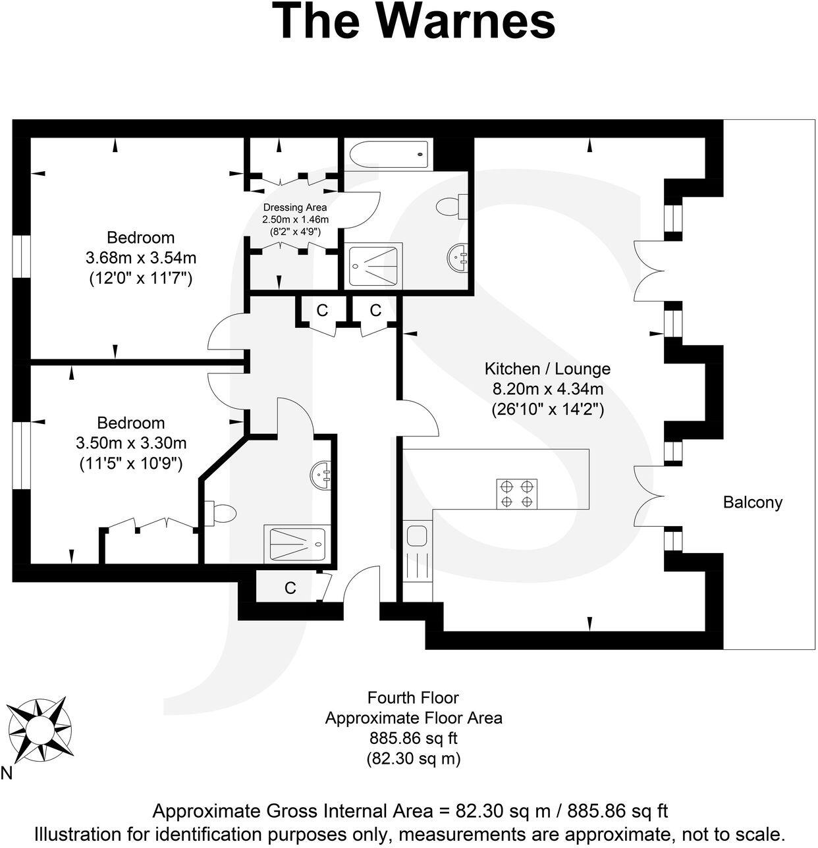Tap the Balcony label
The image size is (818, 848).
[x=753, y=502]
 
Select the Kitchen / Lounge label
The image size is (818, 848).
[x=547, y=369]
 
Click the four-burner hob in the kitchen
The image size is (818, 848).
[x=516, y=494]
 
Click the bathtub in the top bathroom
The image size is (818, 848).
[x=389, y=155]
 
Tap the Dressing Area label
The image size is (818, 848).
[x=294, y=207]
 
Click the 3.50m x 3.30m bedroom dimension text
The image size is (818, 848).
[x=131, y=443]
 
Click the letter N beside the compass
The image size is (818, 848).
[x=6, y=773]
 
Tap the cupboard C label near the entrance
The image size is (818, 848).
[x=290, y=588]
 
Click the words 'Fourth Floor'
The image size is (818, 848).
[x=413, y=697]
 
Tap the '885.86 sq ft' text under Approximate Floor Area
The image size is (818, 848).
[x=413, y=738]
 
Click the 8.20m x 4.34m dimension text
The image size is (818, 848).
[x=547, y=389]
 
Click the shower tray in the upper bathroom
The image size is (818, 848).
[x=374, y=265]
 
